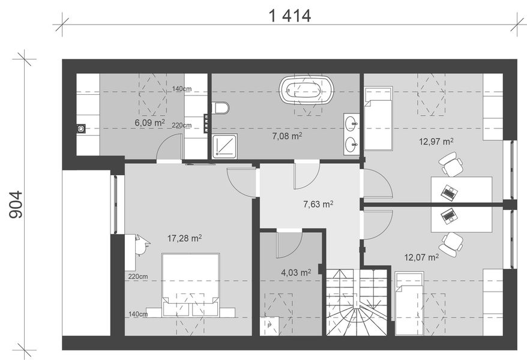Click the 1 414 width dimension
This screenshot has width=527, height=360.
tap(291, 16)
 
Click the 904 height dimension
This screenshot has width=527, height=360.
tap(16, 205)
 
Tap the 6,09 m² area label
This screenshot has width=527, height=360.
tap(149, 122)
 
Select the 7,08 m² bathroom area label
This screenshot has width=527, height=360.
tap(287, 136)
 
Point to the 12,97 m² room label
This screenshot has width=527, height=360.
tap(436, 142)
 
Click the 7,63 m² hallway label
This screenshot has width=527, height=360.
tap(318, 204)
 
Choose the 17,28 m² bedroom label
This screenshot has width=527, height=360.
tap(184, 238)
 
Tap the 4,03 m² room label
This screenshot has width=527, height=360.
tap(296, 272)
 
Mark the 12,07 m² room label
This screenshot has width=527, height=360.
tap(421, 257)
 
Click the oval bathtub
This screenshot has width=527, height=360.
tap(307, 89)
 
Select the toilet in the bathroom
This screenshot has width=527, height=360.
tap(220, 108)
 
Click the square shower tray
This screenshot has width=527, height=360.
tap(225, 146)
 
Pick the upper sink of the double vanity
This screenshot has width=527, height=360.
tap(352, 123)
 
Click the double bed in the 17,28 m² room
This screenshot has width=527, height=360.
tap(190, 285)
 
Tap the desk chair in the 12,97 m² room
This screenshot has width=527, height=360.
tap(451, 164)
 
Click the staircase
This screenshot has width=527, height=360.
tap(357, 302)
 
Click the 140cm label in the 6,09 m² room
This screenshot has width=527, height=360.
tap(182, 89)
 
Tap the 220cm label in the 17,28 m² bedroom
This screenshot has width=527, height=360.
tap(138, 277)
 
